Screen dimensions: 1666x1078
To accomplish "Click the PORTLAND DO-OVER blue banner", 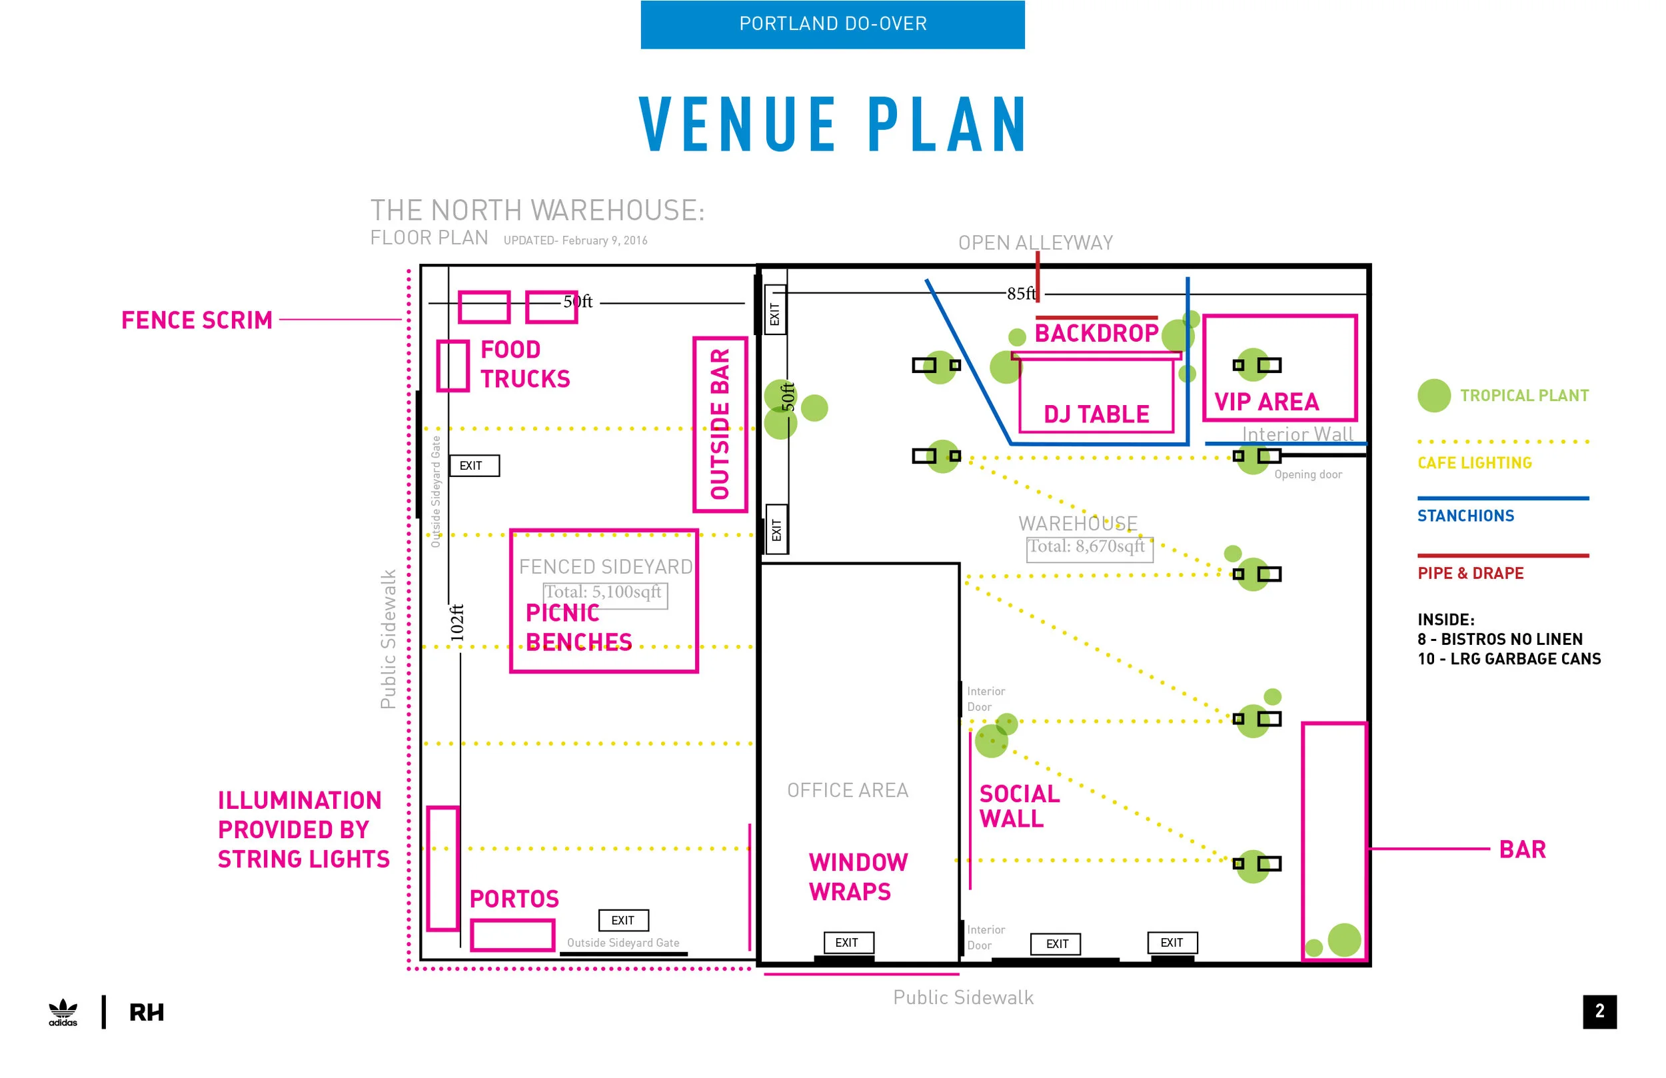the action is click(x=832, y=25).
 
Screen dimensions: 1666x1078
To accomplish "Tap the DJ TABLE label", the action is click(x=1096, y=414).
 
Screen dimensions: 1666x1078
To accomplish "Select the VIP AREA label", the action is click(x=1266, y=402).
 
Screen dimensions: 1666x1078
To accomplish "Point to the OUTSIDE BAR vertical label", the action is click(x=720, y=424).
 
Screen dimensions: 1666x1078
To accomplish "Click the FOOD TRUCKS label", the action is click(x=525, y=364).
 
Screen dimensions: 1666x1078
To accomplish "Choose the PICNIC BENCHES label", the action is click(x=579, y=627).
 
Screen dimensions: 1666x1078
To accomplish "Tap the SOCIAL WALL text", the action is click(x=1019, y=806).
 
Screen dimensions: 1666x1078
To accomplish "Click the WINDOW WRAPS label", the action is click(x=858, y=876).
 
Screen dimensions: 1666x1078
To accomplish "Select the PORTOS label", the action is click(x=514, y=899).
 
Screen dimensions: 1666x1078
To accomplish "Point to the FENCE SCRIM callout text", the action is click(x=197, y=320).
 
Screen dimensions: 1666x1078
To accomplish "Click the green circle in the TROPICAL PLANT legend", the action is click(x=1434, y=396).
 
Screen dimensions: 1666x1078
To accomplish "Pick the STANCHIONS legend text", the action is click(x=1466, y=516).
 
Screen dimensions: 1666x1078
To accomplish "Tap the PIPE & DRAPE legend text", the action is click(x=1471, y=573).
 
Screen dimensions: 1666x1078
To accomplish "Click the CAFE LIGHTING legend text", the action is click(x=1475, y=462).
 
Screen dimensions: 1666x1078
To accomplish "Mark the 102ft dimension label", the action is click(x=456, y=622).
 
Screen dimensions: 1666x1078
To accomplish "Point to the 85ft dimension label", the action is click(x=1022, y=293).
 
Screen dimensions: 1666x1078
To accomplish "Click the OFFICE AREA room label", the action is click(x=848, y=790).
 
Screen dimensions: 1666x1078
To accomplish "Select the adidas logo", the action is click(x=63, y=1012).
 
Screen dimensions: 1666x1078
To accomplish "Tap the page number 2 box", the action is click(x=1599, y=1011).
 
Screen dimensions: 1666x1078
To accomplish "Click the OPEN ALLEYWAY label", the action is click(x=1036, y=243).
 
